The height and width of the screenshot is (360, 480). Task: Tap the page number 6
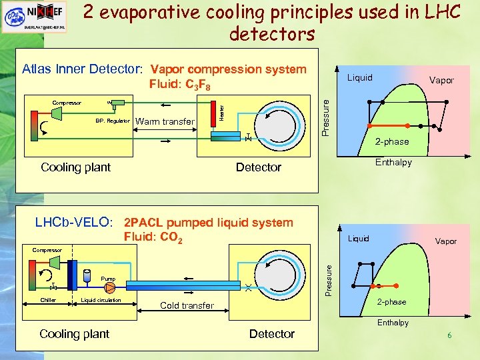(449, 335)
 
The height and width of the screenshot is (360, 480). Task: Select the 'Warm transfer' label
(165, 121)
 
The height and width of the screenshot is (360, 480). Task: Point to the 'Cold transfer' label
(187, 305)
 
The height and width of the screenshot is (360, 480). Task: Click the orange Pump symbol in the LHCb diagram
(109, 288)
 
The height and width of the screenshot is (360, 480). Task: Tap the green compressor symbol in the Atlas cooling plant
(56, 115)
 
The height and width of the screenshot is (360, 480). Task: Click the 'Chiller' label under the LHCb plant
(48, 300)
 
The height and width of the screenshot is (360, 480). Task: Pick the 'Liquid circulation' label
(101, 300)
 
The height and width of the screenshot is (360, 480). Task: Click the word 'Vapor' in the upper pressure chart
(441, 80)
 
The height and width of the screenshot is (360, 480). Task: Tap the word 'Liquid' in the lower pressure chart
(358, 239)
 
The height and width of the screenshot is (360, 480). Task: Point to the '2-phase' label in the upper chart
(392, 142)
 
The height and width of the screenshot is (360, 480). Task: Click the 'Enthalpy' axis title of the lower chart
(393, 323)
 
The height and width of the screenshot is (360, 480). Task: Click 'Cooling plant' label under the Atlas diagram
(75, 167)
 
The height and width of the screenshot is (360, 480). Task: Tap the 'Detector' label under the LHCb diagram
(271, 334)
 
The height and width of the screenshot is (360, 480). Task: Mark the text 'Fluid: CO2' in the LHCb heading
(153, 237)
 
